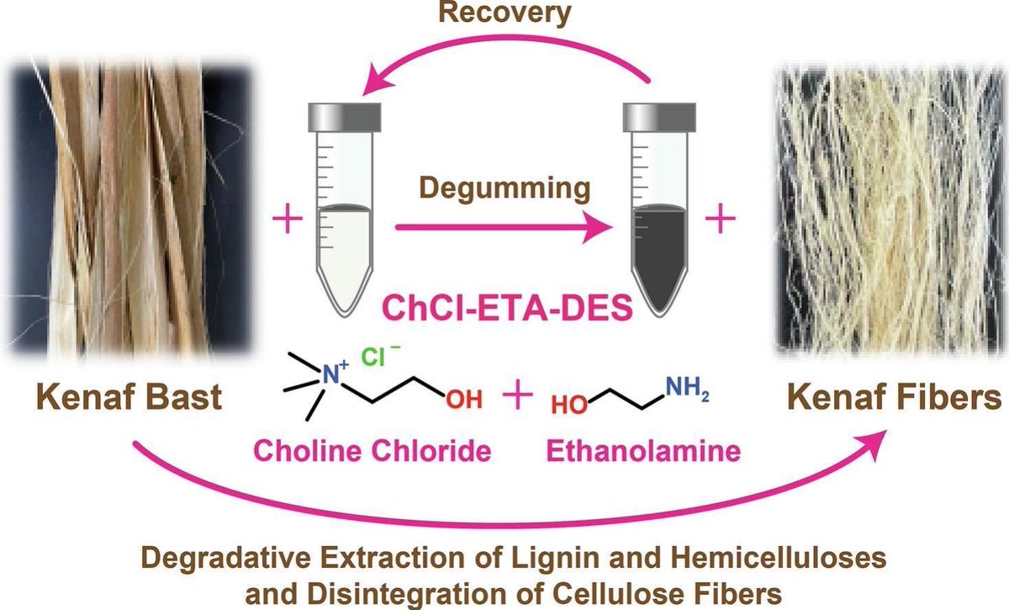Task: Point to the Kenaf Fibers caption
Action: coord(887,397)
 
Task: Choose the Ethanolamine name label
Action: coord(645,452)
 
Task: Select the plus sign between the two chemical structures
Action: coord(519,395)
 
